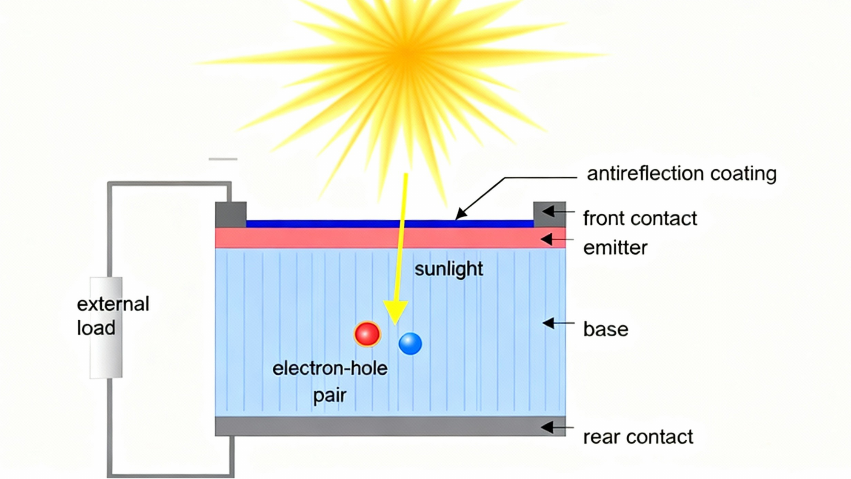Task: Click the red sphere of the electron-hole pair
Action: (367, 334)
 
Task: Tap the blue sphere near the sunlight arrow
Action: (410, 344)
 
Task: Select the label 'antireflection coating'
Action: (682, 174)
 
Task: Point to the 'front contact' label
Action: (640, 219)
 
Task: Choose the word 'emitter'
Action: (615, 248)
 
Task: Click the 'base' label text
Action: (605, 330)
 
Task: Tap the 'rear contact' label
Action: (638, 437)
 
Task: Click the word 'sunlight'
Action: (449, 269)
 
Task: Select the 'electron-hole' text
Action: (330, 369)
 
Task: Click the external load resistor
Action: (106, 327)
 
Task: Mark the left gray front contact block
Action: (231, 214)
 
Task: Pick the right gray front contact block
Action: (549, 214)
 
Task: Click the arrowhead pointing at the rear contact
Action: (547, 427)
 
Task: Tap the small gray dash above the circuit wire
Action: (223, 159)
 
